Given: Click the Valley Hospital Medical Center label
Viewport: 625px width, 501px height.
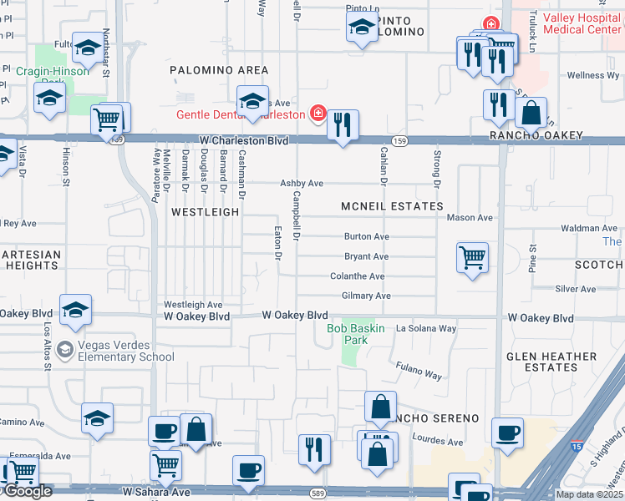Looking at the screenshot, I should click(x=582, y=23).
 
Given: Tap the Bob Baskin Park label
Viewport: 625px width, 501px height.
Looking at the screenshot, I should click(x=356, y=334).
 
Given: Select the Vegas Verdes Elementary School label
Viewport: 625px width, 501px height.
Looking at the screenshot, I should click(x=126, y=352).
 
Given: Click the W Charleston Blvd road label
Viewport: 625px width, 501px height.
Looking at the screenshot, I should click(x=243, y=141).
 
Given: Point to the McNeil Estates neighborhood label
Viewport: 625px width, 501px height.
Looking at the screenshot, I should click(x=392, y=206).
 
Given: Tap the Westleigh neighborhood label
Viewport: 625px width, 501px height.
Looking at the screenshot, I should click(x=206, y=212).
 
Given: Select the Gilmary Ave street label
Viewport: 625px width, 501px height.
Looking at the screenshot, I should click(x=366, y=296).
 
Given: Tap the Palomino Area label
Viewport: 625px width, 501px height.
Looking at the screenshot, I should click(x=219, y=70).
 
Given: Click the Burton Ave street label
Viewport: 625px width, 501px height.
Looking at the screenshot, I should click(x=366, y=237).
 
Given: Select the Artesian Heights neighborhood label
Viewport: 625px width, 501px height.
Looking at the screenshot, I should click(x=30, y=260).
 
